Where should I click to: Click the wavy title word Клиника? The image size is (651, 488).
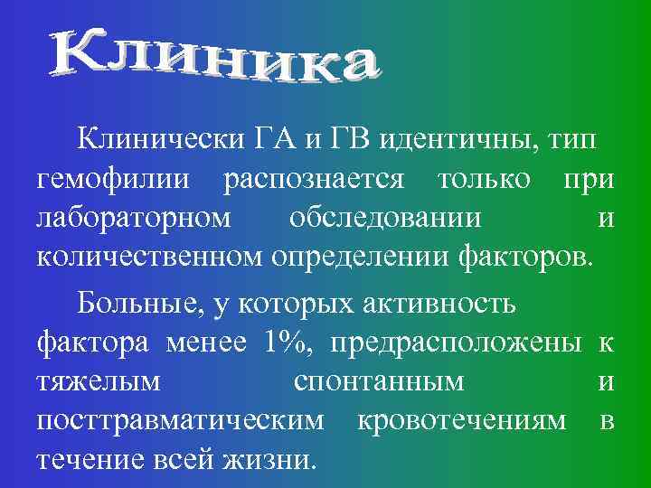pos(213,58)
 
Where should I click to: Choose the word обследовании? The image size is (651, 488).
pos(385,219)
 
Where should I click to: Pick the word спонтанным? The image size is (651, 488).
pos(379,381)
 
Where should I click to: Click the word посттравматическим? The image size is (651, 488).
pos(181,421)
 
